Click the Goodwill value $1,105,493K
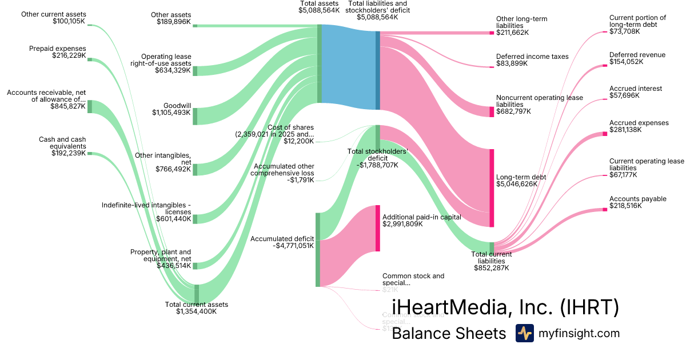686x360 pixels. coord(171,113)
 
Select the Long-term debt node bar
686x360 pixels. coord(492,188)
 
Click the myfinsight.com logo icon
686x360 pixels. coord(524,333)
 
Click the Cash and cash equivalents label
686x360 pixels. coord(62,142)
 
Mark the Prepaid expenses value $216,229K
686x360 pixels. coord(66,56)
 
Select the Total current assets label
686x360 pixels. coord(197,305)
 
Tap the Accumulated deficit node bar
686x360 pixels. coord(318,249)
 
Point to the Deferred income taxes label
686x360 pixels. coord(532,57)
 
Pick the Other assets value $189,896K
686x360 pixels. coord(174,22)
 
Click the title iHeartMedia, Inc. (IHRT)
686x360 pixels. coord(505,307)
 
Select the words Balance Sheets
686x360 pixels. coord(449,334)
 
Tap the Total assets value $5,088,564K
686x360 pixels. coord(319,10)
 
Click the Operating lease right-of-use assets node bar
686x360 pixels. coord(195,71)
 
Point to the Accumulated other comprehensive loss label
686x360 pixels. coord(282,170)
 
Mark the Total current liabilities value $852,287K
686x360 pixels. coord(492,267)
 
